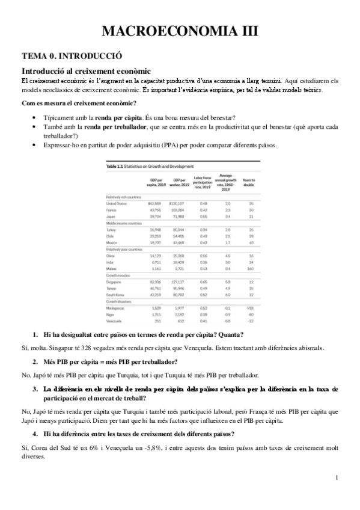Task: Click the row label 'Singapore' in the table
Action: (x=115, y=281)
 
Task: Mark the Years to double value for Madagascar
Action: (x=248, y=307)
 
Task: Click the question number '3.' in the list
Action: (x=35, y=389)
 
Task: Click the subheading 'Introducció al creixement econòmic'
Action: (x=85, y=71)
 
